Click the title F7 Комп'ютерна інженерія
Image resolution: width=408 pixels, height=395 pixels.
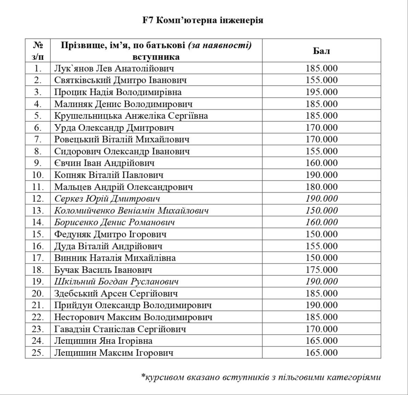(x=203, y=20)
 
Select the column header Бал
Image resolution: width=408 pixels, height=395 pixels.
(x=321, y=51)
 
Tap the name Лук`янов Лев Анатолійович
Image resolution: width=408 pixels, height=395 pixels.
(x=114, y=68)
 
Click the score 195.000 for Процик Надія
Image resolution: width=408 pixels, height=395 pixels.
(x=321, y=92)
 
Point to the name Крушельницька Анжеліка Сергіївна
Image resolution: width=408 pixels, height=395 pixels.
(x=131, y=115)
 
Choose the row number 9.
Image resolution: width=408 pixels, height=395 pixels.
(x=38, y=163)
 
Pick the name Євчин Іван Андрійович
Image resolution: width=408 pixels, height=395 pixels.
(x=104, y=163)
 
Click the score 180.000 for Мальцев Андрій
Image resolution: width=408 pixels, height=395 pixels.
(x=321, y=187)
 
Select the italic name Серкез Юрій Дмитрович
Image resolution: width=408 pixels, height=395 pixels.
(x=107, y=199)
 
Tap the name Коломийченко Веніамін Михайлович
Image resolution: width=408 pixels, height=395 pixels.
(x=131, y=210)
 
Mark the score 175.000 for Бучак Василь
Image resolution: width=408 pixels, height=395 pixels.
(x=321, y=270)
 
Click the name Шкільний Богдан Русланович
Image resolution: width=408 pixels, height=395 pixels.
(x=116, y=282)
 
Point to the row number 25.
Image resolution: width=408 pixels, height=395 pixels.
(x=38, y=353)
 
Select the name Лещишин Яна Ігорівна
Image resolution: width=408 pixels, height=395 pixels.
(x=103, y=341)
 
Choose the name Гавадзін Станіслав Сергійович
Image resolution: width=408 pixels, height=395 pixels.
(x=120, y=329)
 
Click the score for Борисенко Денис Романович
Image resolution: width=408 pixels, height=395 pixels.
(x=321, y=222)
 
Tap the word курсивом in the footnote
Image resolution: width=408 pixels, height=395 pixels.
(x=165, y=377)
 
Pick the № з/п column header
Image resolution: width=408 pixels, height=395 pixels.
(x=38, y=51)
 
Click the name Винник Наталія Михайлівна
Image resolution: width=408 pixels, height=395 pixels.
(x=115, y=258)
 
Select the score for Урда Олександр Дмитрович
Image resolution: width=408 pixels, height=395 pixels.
(x=321, y=127)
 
